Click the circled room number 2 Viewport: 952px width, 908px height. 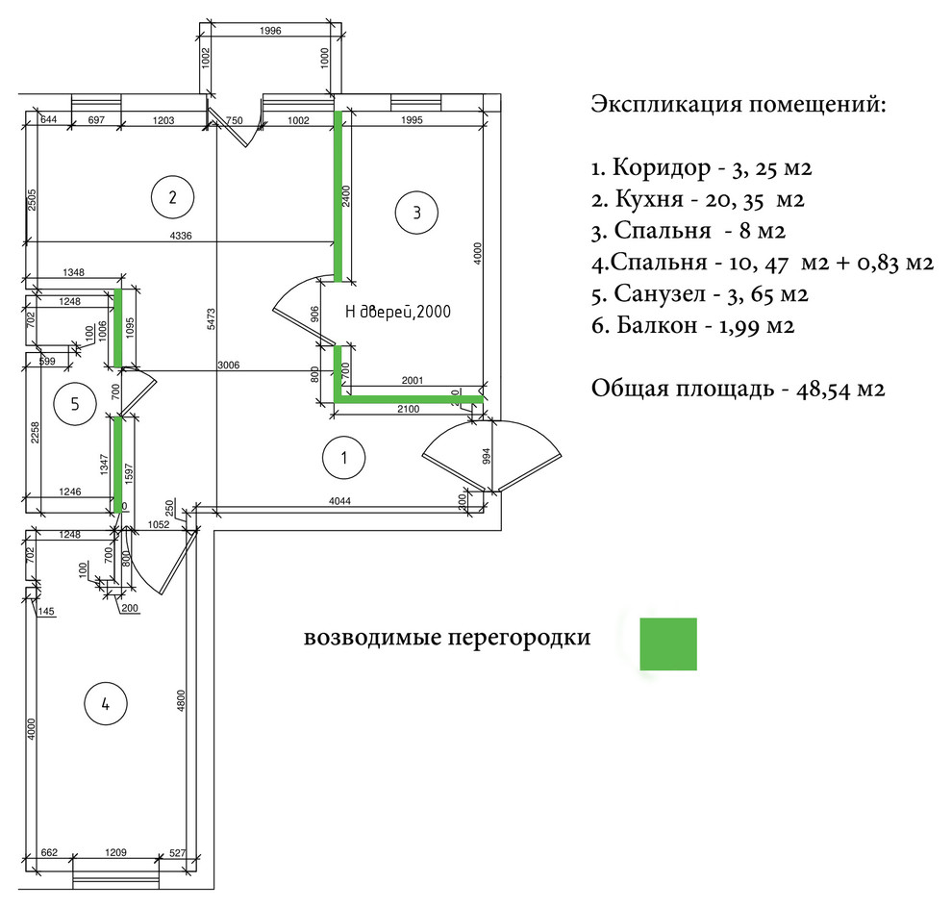173,198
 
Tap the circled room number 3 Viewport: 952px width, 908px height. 416,212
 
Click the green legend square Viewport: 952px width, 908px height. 668,643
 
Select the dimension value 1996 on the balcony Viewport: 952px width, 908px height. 270,31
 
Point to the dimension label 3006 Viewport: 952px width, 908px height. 230,366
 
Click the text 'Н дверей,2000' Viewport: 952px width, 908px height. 398,312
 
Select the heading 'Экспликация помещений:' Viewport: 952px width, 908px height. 739,104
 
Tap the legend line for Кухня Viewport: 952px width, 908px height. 697,200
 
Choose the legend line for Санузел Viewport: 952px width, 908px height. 700,293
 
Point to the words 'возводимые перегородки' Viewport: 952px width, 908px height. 447,638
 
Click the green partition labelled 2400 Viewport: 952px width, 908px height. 338,197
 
